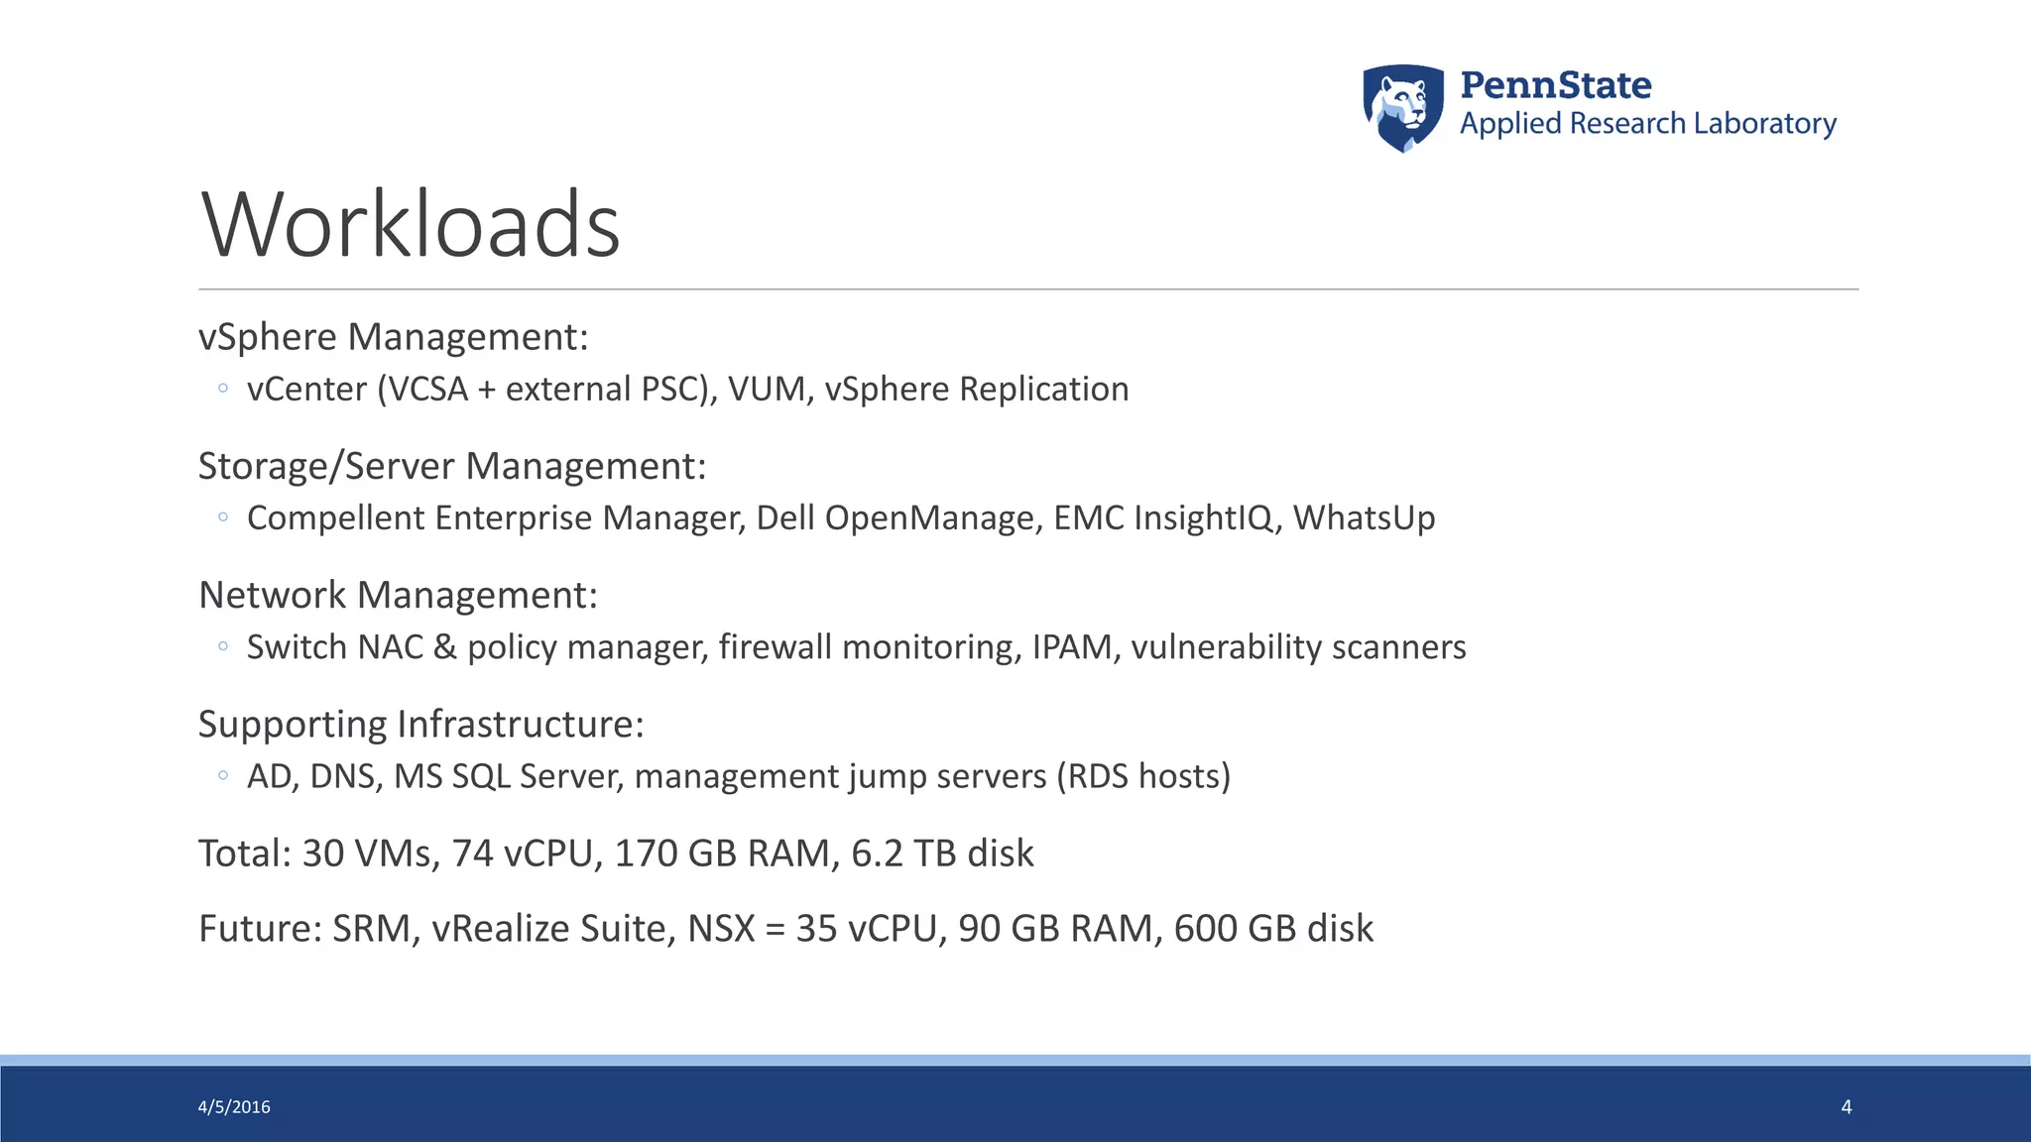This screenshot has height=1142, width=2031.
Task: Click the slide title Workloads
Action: click(x=411, y=225)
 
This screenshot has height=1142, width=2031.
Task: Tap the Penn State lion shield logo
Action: click(x=1402, y=107)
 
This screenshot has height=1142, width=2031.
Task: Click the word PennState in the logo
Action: click(x=1555, y=85)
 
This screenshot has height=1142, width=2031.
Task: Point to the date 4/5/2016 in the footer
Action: click(x=234, y=1107)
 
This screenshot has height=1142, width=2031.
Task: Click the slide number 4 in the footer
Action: click(x=1847, y=1107)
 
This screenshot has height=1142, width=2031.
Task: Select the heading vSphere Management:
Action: click(x=393, y=337)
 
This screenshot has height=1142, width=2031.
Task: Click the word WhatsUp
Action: click(x=1364, y=518)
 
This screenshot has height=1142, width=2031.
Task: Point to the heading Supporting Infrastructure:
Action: click(x=420, y=725)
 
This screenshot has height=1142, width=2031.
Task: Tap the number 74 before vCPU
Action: click(x=473, y=854)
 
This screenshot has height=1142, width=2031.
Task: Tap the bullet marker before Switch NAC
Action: click(x=223, y=646)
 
